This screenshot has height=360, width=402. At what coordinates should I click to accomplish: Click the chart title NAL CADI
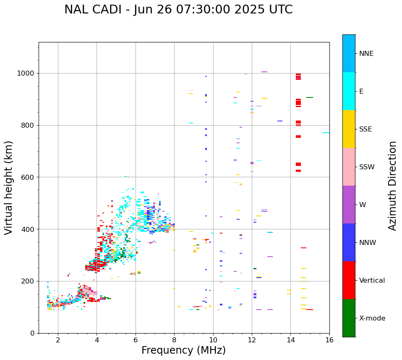[178, 10]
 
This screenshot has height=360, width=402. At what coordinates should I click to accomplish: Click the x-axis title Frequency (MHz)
[183, 350]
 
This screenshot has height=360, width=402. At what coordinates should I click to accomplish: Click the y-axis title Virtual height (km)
[9, 188]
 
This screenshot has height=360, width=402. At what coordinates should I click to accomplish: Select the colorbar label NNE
[366, 54]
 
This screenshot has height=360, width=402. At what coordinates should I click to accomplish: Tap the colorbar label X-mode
[372, 318]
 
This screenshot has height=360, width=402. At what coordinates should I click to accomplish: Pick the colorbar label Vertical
[372, 281]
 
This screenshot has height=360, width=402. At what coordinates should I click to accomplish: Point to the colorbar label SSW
[367, 167]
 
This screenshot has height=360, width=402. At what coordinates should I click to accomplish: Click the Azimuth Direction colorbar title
[392, 186]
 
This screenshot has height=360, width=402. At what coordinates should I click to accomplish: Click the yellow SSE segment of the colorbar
[349, 129]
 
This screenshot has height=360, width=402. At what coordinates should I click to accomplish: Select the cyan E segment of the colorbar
[349, 91]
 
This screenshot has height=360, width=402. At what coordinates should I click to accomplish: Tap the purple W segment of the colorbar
[349, 205]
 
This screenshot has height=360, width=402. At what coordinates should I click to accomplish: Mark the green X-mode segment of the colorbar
[349, 318]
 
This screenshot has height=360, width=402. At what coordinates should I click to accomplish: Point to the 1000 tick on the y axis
[28, 73]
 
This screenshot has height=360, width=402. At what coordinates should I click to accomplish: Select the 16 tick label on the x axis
[329, 340]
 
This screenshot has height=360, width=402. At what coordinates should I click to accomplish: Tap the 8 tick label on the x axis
[174, 340]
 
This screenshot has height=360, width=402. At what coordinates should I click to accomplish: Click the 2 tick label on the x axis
[58, 340]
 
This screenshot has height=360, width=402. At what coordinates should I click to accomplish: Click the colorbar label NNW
[368, 243]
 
